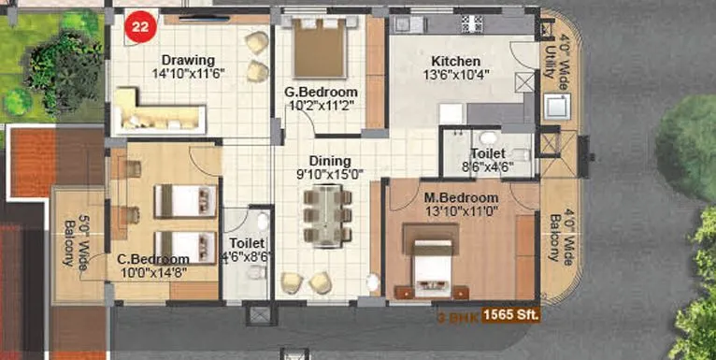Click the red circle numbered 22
[x=139, y=28]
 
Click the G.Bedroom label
[x=321, y=92]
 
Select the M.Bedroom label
[x=461, y=197]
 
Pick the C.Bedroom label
[x=153, y=259]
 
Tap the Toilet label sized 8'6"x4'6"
[x=488, y=152]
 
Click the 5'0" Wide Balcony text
[x=77, y=240]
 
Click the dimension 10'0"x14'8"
[x=153, y=272]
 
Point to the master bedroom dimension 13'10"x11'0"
[x=461, y=211]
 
